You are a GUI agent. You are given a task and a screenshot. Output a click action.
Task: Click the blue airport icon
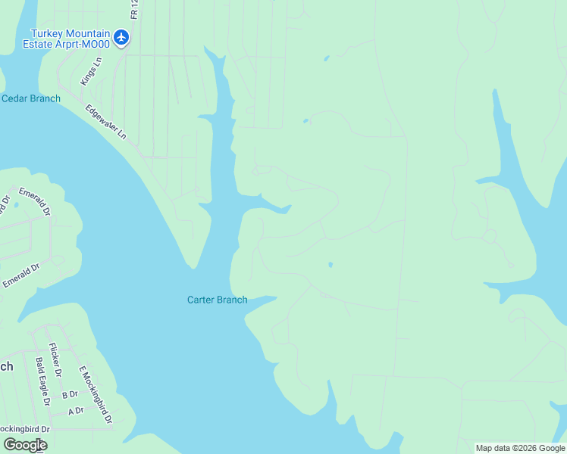point(121,36)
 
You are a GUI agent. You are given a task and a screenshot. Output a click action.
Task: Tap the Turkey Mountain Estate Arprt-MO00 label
point(70,39)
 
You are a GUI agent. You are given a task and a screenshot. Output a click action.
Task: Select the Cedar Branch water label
point(31,98)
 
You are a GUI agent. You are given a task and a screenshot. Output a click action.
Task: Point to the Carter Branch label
point(217,300)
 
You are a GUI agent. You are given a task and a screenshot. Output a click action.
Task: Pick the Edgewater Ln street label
point(105,121)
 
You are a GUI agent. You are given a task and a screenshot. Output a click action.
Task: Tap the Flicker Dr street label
point(55,358)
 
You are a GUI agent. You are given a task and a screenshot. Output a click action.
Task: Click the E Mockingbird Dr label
point(96,396)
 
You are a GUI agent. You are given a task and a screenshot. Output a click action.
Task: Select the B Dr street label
point(70,394)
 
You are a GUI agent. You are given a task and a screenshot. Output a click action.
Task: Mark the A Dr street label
point(75,412)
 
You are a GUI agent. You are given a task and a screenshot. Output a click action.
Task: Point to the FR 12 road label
point(134,10)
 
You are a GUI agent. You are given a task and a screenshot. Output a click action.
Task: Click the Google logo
point(26,445)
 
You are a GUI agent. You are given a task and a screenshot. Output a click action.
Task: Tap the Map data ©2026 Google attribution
point(520,448)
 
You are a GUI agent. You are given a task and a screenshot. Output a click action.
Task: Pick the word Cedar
point(16,98)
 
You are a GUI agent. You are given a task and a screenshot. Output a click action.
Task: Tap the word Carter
point(202,300)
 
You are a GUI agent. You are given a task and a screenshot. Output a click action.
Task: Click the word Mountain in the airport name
point(86,33)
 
